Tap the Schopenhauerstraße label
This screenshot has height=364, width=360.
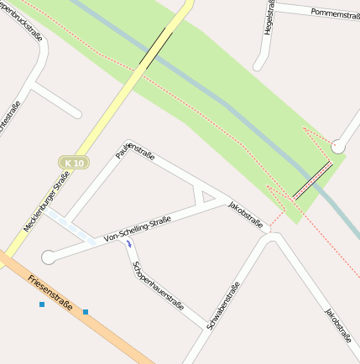[157, 294]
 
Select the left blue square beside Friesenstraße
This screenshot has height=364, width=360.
[41, 304]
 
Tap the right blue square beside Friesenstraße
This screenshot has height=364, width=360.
[86, 312]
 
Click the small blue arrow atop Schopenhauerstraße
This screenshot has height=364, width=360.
[128, 243]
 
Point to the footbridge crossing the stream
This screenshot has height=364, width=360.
[311, 181]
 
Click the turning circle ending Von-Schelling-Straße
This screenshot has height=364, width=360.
[49, 257]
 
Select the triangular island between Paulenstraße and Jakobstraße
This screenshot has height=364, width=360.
[205, 195]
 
